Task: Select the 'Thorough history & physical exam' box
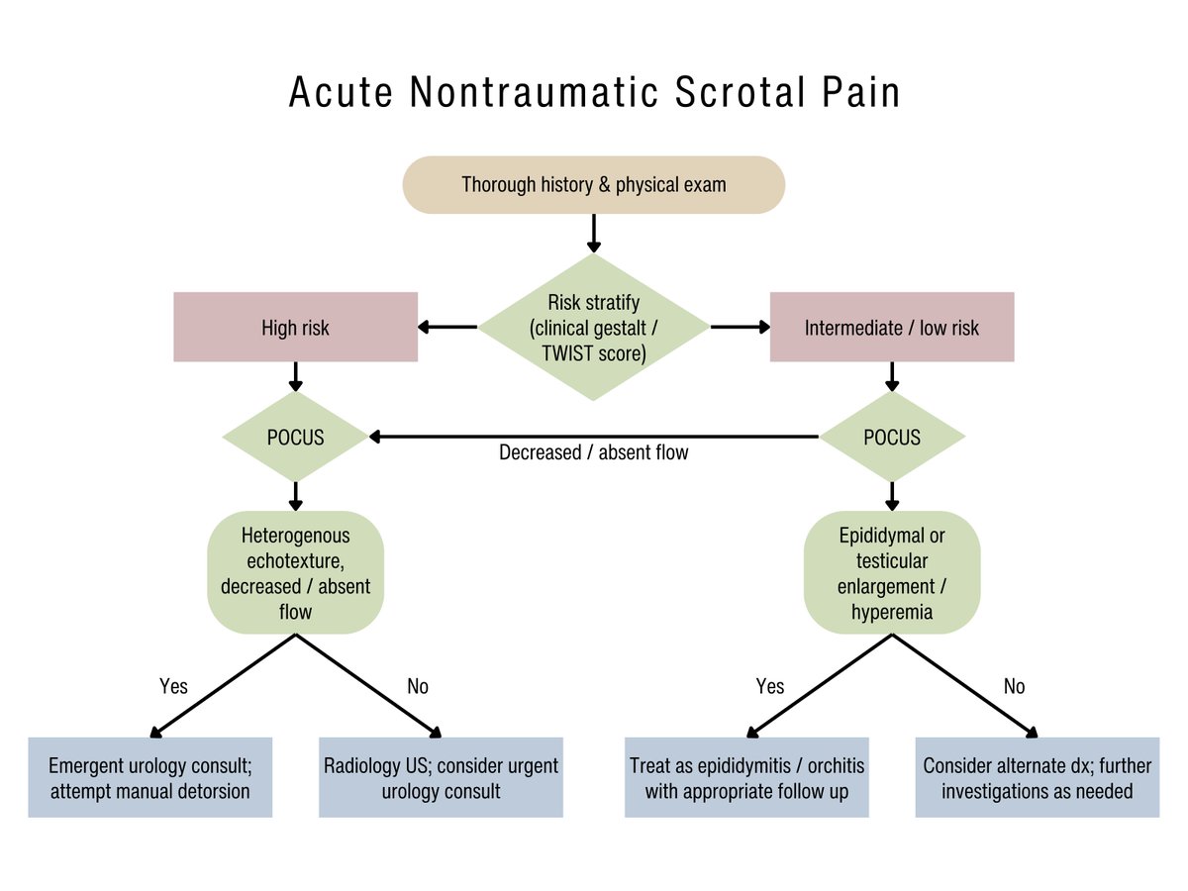coord(593,184)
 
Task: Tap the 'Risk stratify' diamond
coord(593,327)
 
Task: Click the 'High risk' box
coord(295,327)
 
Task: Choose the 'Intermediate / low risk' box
coord(891,327)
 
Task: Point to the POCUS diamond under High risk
coord(295,437)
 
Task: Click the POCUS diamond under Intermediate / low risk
coord(891,437)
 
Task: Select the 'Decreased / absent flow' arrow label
coord(593,452)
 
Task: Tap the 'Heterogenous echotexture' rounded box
coord(295,573)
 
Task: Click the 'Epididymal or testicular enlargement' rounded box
coord(891,573)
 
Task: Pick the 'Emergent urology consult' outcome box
coord(149,777)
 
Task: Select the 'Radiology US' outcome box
coord(441,777)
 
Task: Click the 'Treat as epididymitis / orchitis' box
coord(746,777)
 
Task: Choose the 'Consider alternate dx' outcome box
coord(1037,777)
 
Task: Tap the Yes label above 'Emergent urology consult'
coord(173,686)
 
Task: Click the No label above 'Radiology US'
coord(418,686)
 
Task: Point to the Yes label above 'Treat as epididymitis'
coord(769,686)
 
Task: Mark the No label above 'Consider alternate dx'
coord(1014,686)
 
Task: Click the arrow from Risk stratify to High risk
coord(447,327)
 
